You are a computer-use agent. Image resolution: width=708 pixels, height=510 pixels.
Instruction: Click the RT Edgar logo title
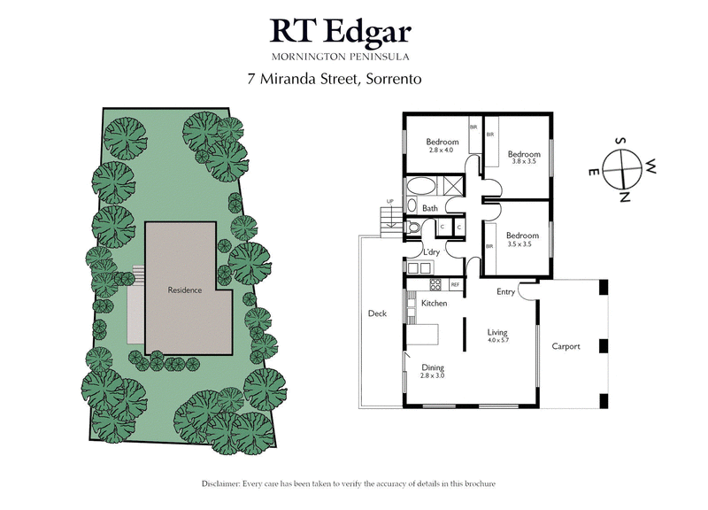(341, 32)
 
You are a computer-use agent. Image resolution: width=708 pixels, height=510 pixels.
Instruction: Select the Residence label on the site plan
(185, 290)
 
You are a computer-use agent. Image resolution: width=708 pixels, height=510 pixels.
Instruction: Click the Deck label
(378, 313)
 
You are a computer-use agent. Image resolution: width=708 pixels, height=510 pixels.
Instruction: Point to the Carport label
(566, 346)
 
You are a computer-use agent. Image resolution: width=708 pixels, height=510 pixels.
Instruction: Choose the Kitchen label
(434, 304)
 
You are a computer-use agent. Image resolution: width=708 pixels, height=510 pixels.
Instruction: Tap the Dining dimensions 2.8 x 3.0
(433, 375)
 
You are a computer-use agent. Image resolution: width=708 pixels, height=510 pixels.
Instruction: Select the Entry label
(505, 291)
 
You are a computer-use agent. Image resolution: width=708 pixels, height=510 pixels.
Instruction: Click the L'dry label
(431, 253)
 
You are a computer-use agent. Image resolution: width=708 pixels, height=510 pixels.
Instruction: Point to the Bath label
(429, 209)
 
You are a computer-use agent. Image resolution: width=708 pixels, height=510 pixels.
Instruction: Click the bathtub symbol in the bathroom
(420, 188)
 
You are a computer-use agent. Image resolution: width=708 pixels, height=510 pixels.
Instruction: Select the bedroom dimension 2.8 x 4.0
(442, 151)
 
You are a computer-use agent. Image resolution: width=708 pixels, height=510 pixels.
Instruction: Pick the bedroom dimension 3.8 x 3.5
(523, 161)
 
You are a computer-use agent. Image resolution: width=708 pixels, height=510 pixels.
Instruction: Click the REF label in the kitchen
(455, 285)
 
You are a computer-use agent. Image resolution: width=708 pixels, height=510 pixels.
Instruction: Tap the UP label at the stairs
(388, 202)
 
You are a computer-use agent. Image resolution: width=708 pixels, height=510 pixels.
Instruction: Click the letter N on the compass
(625, 196)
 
